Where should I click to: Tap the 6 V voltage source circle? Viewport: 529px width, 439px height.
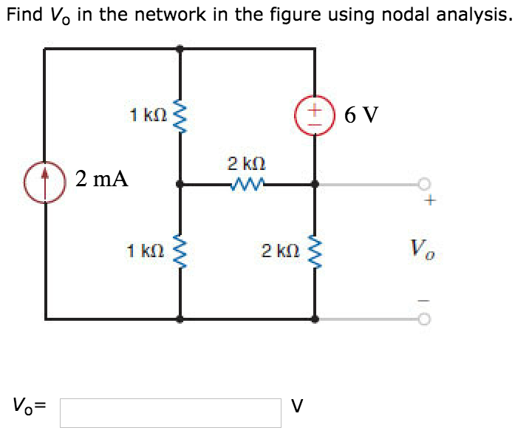click(316, 116)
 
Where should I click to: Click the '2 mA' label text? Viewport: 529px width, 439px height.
click(101, 178)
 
